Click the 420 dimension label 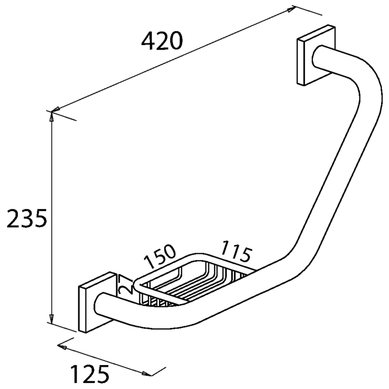[x=162, y=41]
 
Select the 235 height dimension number [x=26, y=220]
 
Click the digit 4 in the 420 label [x=148, y=41]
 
